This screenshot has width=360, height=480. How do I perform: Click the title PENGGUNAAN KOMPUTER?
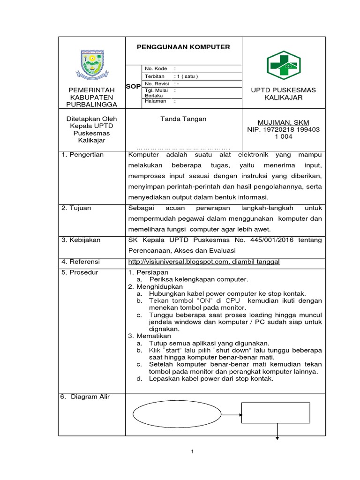click(x=183, y=47)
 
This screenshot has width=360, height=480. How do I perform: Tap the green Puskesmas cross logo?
click(x=283, y=65)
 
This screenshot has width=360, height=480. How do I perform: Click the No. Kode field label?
click(x=156, y=68)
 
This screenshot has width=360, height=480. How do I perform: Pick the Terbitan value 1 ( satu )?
click(x=186, y=76)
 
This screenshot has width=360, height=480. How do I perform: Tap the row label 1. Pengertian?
click(x=83, y=155)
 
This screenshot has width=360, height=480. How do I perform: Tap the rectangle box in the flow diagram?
click(x=276, y=413)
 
